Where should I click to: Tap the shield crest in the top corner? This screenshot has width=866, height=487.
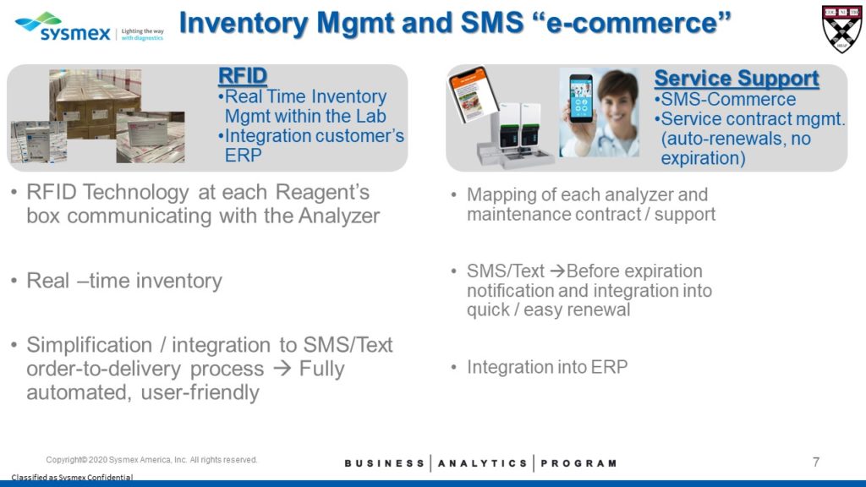(841, 30)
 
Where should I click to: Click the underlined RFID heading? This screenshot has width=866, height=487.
(243, 76)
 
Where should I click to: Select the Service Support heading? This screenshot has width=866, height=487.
(737, 79)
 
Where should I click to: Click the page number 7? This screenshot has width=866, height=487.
(816, 462)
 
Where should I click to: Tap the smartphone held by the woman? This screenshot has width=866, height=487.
(581, 98)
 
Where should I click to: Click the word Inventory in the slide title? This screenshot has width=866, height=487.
(244, 24)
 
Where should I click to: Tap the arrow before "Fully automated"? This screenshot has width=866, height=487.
(282, 369)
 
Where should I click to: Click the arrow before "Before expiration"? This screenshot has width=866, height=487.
(558, 271)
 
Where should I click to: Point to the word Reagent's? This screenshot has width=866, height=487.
(322, 192)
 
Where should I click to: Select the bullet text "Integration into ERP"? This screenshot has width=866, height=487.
(547, 367)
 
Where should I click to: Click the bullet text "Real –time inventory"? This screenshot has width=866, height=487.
(124, 281)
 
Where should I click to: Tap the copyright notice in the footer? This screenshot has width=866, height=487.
(151, 459)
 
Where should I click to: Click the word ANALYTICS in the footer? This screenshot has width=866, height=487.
(483, 463)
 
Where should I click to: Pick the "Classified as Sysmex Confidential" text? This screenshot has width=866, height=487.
(73, 477)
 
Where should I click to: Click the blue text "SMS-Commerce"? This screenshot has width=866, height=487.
(728, 100)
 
